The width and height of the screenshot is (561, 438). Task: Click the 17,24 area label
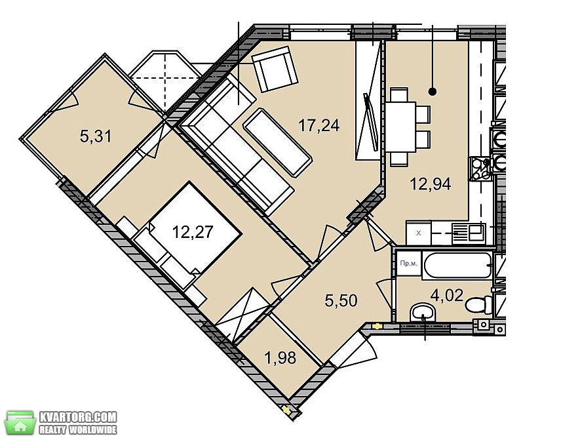(319, 126)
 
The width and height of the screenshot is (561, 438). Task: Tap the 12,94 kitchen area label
(430, 184)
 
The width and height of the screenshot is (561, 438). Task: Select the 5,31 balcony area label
(96, 136)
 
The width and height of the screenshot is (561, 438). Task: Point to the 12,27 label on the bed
(193, 232)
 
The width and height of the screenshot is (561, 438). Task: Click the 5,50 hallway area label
(341, 300)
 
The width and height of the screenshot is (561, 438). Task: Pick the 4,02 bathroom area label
(447, 296)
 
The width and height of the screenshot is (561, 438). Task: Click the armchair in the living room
(275, 69)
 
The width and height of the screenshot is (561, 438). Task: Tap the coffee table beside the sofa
(278, 142)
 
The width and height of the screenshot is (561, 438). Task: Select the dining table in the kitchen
(400, 127)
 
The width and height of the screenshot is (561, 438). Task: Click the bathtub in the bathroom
(457, 265)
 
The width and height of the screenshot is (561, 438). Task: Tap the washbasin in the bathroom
(423, 313)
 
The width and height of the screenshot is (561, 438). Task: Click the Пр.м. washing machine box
(408, 263)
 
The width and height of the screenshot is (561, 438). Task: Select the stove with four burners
(480, 169)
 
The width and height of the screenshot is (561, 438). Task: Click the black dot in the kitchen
(432, 92)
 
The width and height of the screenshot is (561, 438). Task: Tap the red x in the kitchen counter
(419, 233)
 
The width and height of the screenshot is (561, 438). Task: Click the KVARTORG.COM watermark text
(77, 417)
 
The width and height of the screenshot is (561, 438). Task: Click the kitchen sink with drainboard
(469, 233)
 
